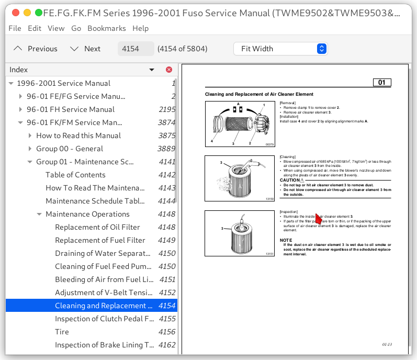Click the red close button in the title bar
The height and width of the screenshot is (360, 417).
coord(15,12)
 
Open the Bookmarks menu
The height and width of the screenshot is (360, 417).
coord(107,28)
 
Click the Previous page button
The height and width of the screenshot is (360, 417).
coord(36,49)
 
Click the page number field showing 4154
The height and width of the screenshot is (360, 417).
coord(136,49)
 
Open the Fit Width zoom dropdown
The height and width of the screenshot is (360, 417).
coord(280,49)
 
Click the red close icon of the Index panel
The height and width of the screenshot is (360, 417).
coord(168,70)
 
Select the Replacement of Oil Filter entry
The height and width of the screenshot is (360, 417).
coord(97,227)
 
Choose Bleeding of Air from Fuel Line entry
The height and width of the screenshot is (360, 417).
coord(104,279)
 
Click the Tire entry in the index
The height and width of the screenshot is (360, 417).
coord(62,332)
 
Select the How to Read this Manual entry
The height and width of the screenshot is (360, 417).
coord(78,136)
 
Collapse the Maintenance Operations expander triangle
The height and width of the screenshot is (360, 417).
coord(40,214)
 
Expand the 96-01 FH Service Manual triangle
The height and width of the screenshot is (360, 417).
coord(21,109)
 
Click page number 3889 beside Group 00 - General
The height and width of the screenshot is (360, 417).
coord(167,149)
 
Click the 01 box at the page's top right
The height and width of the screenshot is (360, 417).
coord(381,83)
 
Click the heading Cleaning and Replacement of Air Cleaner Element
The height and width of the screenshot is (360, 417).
coord(259,94)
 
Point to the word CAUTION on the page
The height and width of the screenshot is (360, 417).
coord(290,180)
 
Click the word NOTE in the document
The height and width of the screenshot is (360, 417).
coord(286,240)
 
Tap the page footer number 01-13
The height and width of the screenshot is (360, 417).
coord(387,345)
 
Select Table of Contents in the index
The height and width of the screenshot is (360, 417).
coord(75,175)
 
